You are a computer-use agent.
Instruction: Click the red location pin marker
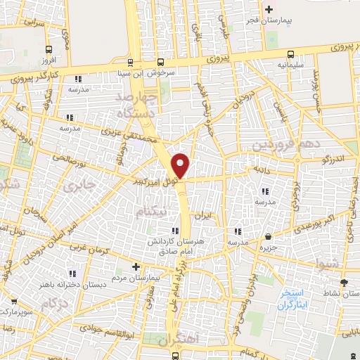tap(181, 165)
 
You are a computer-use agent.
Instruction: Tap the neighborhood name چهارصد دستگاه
tap(131, 103)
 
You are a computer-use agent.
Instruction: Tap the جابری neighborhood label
tap(75, 186)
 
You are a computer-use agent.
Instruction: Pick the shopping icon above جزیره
tap(268, 236)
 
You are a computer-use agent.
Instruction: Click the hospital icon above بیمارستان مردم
tap(136, 266)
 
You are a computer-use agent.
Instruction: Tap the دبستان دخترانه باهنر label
tap(72, 286)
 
